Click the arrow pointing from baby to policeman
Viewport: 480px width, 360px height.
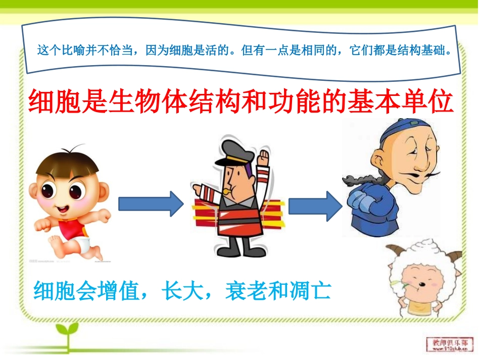coord(151,203)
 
